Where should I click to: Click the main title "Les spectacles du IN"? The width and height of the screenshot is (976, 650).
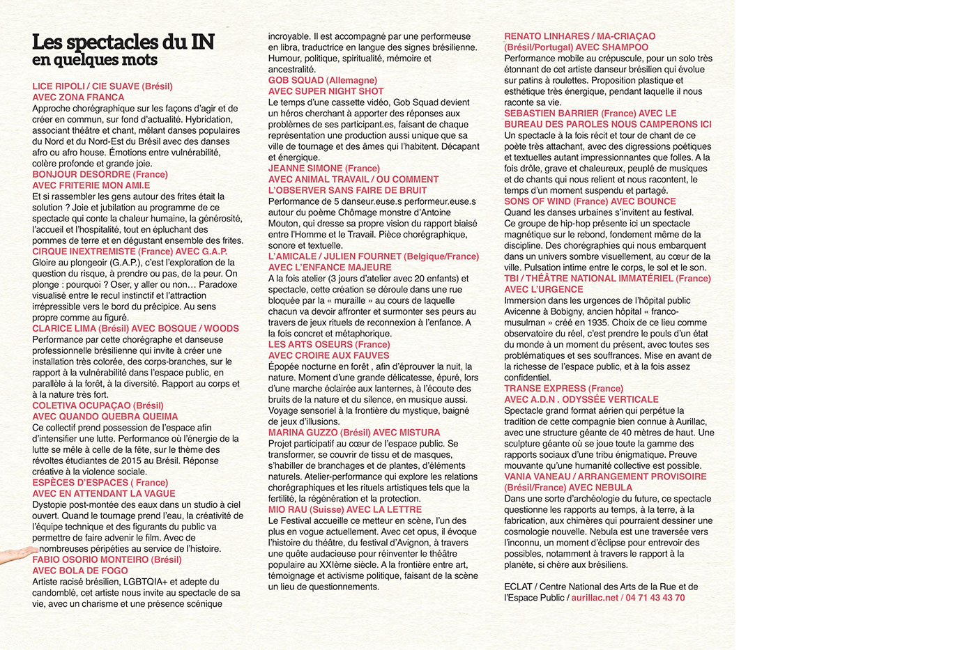pyautogui.click(x=123, y=42)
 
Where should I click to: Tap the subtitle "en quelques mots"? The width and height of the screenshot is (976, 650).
pyautogui.click(x=95, y=61)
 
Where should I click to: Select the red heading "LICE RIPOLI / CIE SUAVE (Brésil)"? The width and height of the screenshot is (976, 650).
pyautogui.click(x=102, y=86)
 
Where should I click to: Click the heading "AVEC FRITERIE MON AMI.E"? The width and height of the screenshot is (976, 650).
pyautogui.click(x=91, y=185)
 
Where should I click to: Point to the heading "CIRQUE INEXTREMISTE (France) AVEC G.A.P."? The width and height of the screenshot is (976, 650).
pyautogui.click(x=130, y=252)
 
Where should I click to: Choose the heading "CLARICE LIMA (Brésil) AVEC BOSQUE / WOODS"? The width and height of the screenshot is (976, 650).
pyautogui.click(x=135, y=328)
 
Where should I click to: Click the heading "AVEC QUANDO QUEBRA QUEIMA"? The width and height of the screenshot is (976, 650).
pyautogui.click(x=105, y=417)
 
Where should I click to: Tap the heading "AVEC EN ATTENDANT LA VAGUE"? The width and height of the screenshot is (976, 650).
pyautogui.click(x=104, y=493)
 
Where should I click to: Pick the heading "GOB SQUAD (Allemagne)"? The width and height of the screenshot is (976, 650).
pyautogui.click(x=323, y=80)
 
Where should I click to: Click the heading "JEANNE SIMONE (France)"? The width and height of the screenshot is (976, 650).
pyautogui.click(x=324, y=168)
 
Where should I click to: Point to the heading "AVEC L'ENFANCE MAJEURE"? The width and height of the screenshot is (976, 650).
pyautogui.click(x=330, y=268)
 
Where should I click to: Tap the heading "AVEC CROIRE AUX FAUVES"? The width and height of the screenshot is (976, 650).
pyautogui.click(x=329, y=355)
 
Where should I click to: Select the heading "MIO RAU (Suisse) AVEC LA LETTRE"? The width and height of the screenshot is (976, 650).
pyautogui.click(x=345, y=509)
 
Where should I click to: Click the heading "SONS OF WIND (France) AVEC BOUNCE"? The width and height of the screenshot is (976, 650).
pyautogui.click(x=590, y=201)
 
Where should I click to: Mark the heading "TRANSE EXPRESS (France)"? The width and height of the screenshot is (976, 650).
pyautogui.click(x=564, y=388)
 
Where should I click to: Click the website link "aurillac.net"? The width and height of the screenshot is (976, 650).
pyautogui.click(x=595, y=598)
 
